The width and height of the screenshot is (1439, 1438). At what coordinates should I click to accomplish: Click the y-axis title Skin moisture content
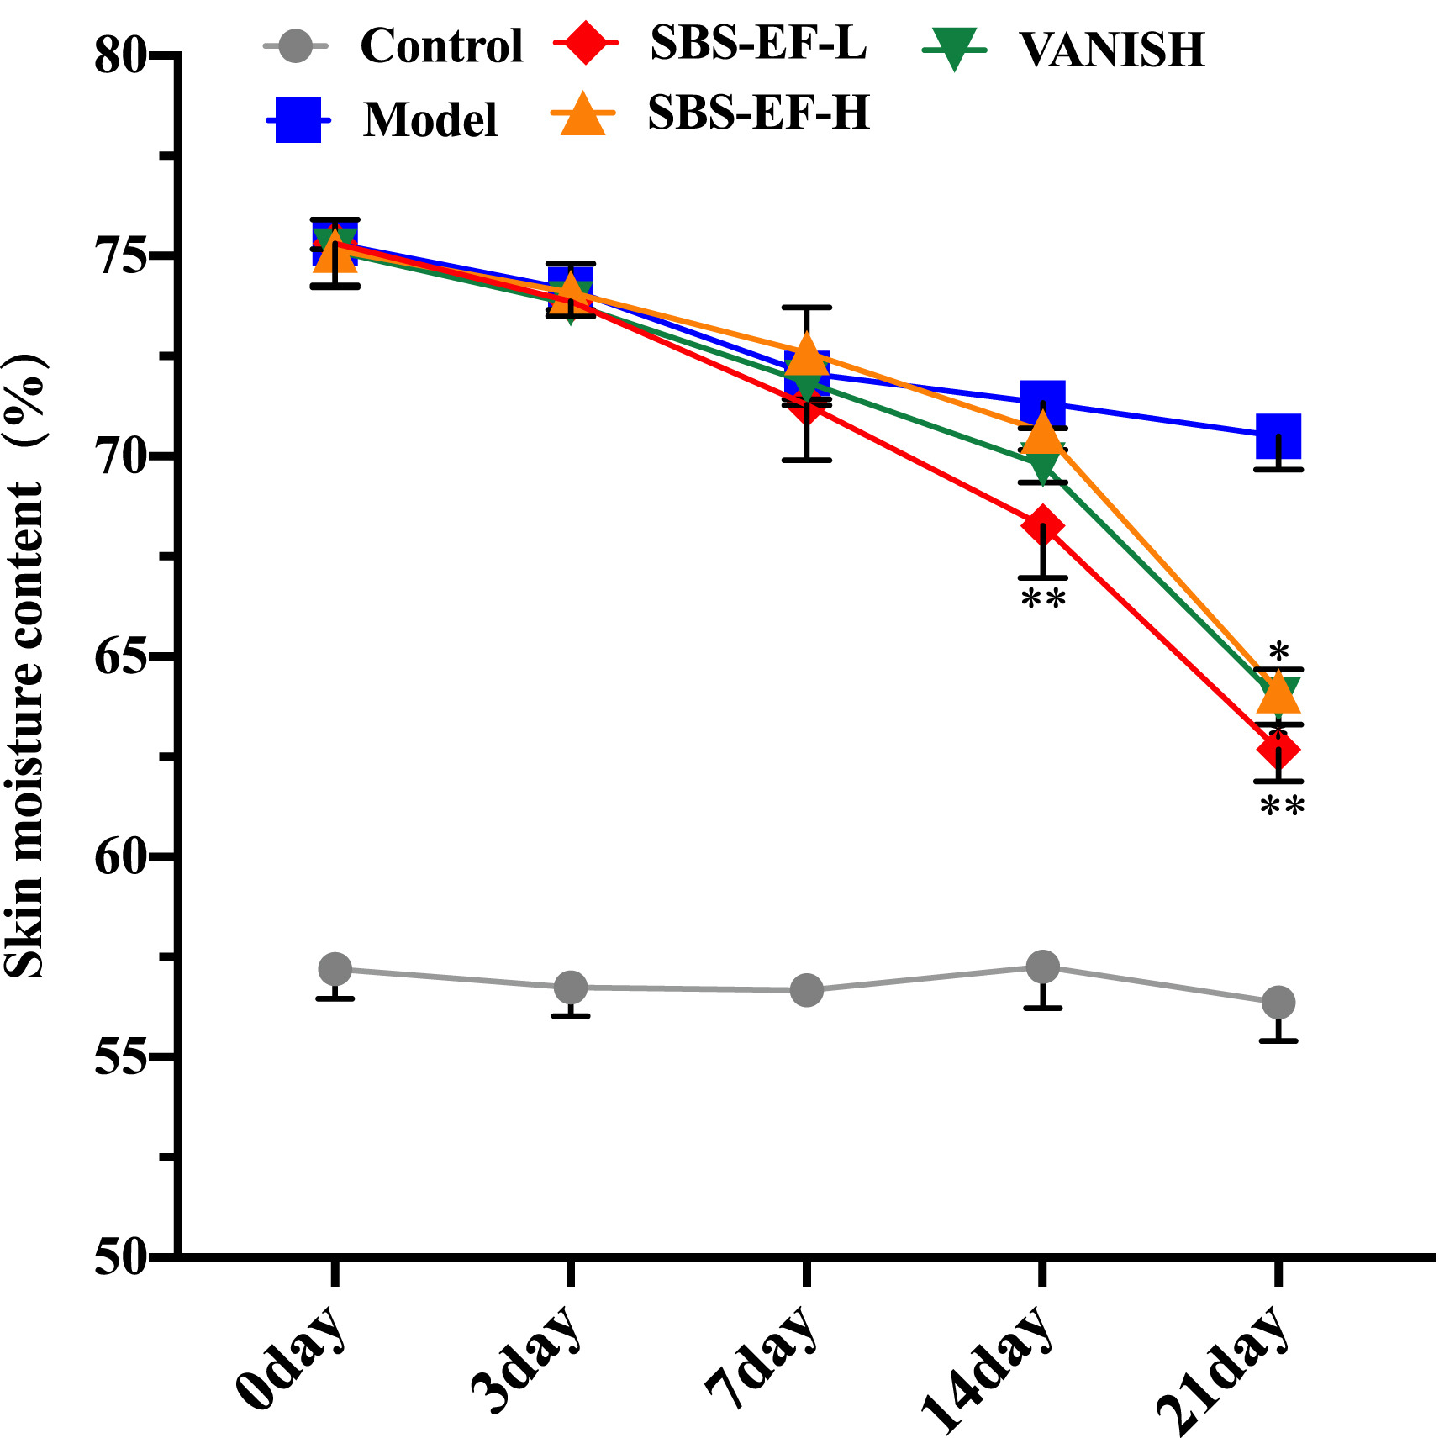(x=25, y=664)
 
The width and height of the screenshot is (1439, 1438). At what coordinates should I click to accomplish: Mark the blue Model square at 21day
(x=1278, y=436)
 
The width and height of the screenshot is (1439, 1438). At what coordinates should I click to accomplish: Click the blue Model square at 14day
(x=1043, y=401)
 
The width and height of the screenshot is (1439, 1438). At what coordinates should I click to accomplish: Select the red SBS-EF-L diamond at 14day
(x=1043, y=525)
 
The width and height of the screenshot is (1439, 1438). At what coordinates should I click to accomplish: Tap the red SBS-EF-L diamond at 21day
(x=1278, y=749)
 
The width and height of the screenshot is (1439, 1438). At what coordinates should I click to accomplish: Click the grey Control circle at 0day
(x=335, y=969)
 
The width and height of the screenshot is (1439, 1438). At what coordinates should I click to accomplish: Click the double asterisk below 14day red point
(x=1043, y=599)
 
